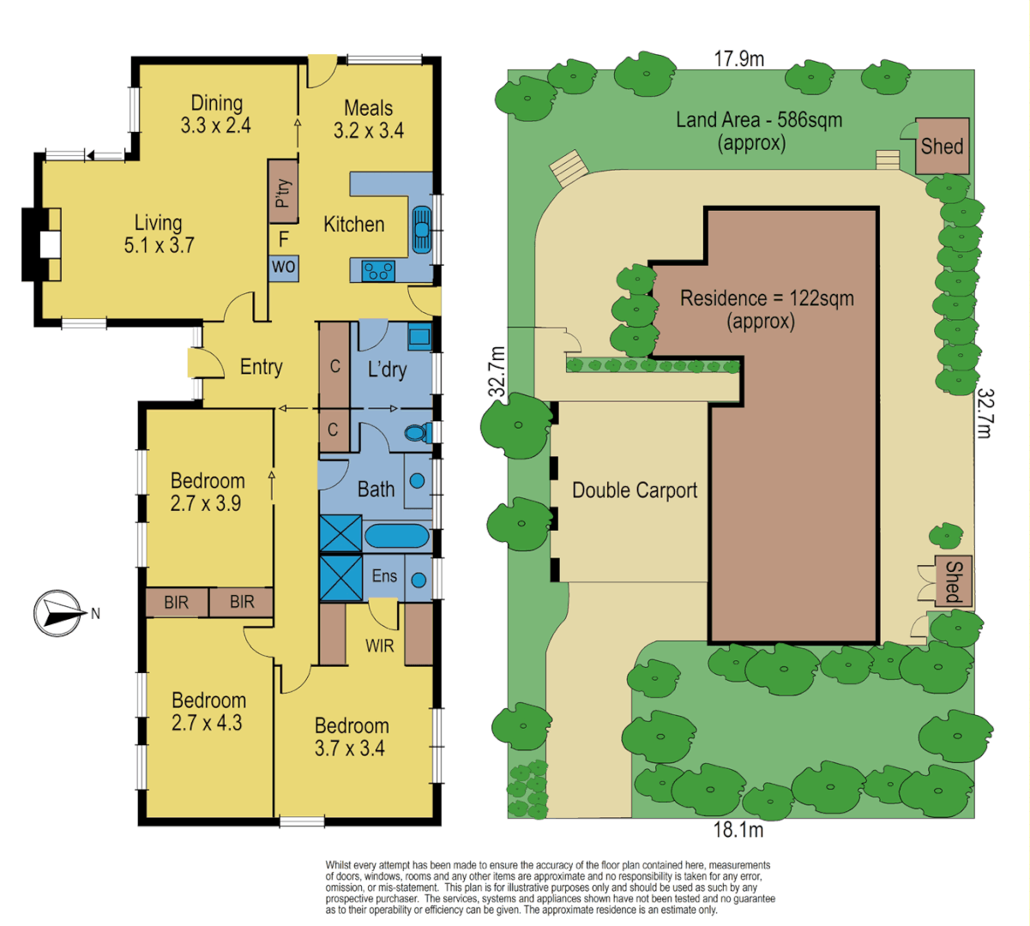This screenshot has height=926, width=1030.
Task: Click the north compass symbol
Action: (x=57, y=613)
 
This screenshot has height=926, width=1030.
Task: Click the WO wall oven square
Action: (x=284, y=267)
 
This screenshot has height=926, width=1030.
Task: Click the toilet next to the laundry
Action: (x=418, y=433)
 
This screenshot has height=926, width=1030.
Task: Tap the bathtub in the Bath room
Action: (x=396, y=537)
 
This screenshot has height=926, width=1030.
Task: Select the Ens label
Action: (x=384, y=575)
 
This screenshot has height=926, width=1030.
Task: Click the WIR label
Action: (x=380, y=645)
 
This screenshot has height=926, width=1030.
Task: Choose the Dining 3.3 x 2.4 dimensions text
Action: (x=216, y=125)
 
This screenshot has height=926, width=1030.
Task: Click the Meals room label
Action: (x=369, y=108)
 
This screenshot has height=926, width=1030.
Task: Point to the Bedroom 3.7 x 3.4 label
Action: (x=351, y=737)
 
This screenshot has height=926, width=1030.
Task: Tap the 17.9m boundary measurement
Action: (x=739, y=58)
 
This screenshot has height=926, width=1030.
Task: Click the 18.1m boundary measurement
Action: (x=738, y=830)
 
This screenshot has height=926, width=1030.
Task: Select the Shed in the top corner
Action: (x=942, y=147)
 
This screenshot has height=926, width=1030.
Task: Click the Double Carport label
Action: (x=635, y=490)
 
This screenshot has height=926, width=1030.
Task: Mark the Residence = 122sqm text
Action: (x=767, y=298)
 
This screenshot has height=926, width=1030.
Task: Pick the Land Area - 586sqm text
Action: (x=759, y=120)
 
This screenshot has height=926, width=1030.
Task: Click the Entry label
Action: (x=261, y=367)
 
